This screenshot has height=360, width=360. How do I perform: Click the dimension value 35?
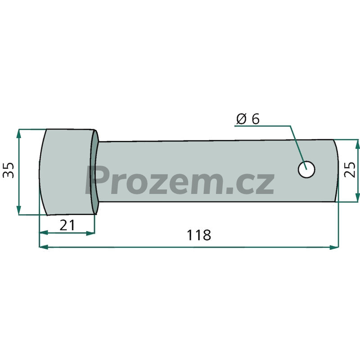point(8,170)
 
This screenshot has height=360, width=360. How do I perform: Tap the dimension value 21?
point(67,225)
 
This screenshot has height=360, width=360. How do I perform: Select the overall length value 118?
point(198,235)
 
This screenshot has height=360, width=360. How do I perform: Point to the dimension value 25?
point(350,170)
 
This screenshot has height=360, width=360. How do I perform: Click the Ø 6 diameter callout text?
point(248,119)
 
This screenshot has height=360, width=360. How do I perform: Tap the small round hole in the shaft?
point(306,170)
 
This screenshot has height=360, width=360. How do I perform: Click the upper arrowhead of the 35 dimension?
point(19,134)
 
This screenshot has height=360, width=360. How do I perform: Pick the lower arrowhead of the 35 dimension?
point(19,210)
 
